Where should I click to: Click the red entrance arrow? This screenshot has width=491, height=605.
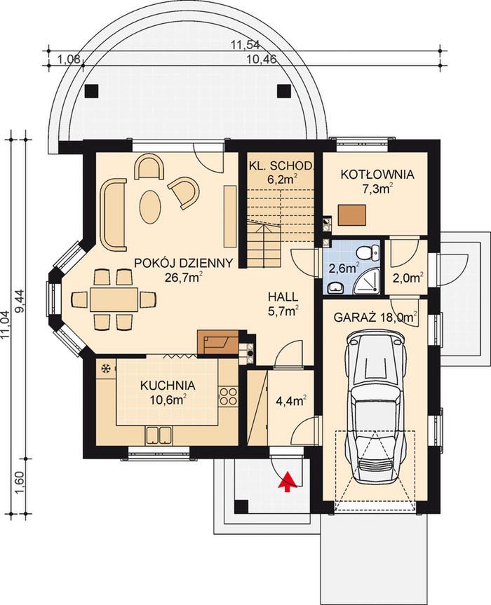point(287,482)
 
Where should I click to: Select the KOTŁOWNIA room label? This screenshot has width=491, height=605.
point(377,175)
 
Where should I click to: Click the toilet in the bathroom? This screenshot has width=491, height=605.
point(368,253)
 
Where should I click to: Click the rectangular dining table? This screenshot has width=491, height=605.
point(114,299)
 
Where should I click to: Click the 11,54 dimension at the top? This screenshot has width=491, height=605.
point(245,44)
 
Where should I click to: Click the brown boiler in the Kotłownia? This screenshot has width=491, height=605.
point(352,215)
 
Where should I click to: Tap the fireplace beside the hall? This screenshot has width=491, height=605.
point(217,343)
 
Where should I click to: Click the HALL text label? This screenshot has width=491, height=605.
point(283,297)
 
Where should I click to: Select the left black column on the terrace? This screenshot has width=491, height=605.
point(91,91)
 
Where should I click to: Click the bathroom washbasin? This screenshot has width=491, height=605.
point(335,287)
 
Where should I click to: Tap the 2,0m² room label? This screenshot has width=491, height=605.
point(409,278)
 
